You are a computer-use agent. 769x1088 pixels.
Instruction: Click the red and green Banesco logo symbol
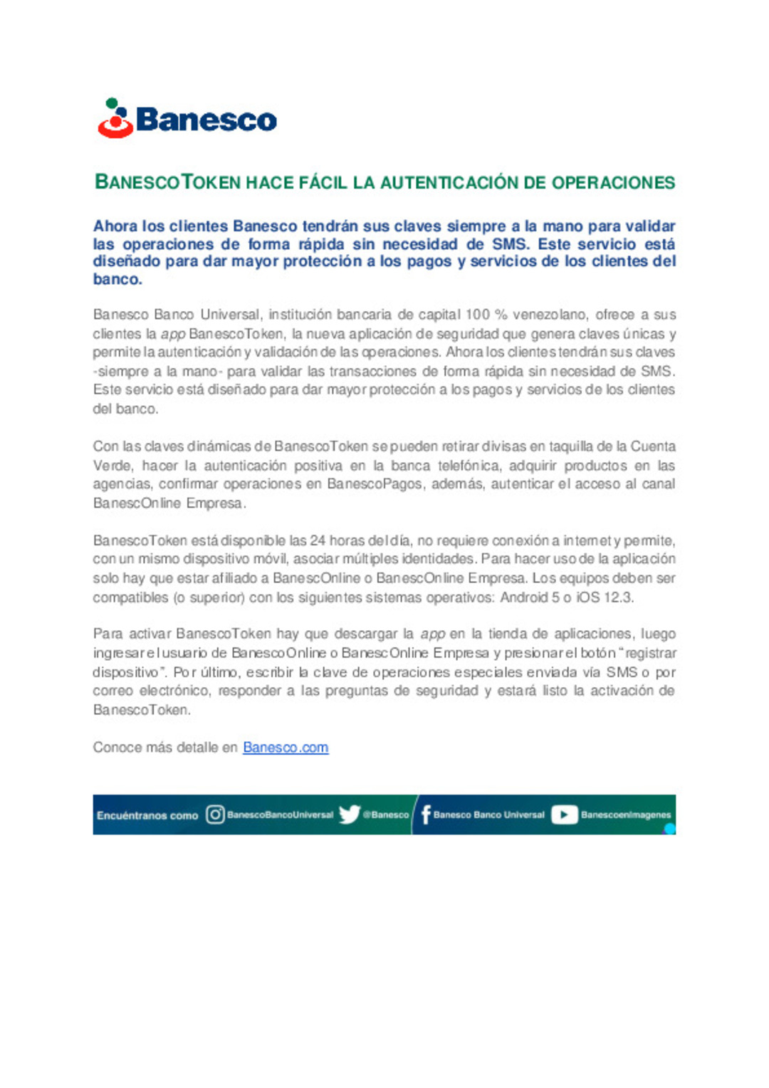point(115,119)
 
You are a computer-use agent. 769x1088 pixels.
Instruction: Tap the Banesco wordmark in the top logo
point(206,120)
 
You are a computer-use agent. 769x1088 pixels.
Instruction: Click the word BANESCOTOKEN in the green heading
point(168,182)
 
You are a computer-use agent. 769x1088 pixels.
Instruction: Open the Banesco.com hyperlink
point(286,748)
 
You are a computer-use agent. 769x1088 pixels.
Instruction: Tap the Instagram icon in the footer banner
point(215,815)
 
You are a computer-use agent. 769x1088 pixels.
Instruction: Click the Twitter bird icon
point(349,815)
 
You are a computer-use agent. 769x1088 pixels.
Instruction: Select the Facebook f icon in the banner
point(426,815)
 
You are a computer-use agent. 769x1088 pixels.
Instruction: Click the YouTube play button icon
point(564,815)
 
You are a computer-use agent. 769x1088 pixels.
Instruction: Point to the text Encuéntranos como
point(147,815)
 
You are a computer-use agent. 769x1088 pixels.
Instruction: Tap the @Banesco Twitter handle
point(386,815)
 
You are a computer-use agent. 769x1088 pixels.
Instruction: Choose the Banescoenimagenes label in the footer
point(626,815)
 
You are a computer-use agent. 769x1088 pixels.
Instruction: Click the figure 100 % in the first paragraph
point(486,315)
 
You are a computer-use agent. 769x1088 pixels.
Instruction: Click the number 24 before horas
point(318,540)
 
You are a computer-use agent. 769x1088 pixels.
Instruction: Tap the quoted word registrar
point(651,653)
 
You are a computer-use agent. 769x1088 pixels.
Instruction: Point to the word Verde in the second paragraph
point(112,466)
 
